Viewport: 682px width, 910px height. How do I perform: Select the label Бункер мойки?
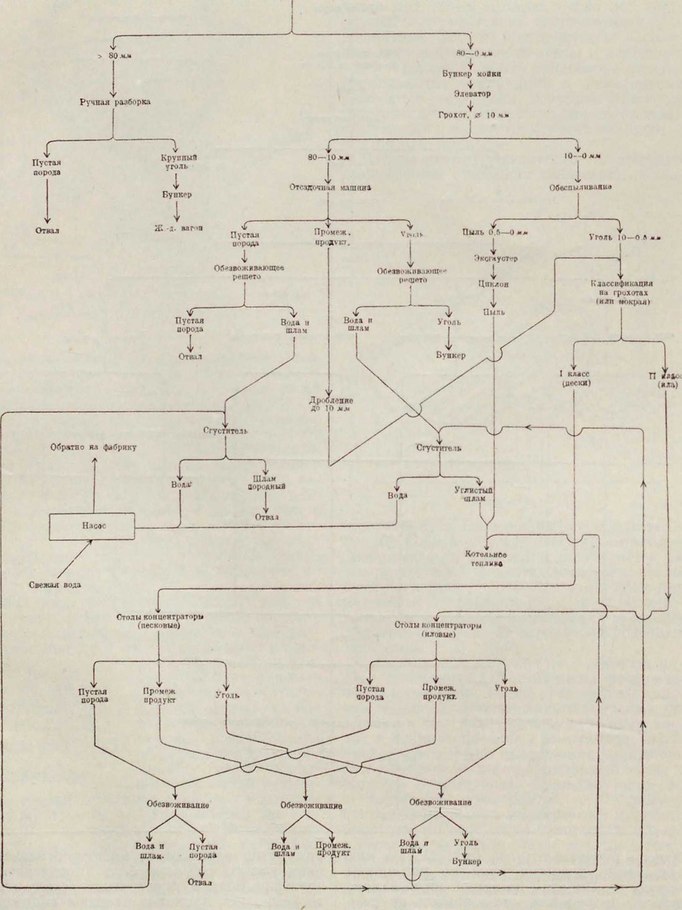472,74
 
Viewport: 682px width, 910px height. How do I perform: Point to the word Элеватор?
472,94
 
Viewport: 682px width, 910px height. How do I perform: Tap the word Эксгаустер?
496,258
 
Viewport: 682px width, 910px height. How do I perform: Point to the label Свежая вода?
55,585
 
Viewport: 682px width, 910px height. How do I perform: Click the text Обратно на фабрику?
94,447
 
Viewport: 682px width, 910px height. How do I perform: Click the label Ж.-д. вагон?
175,229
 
